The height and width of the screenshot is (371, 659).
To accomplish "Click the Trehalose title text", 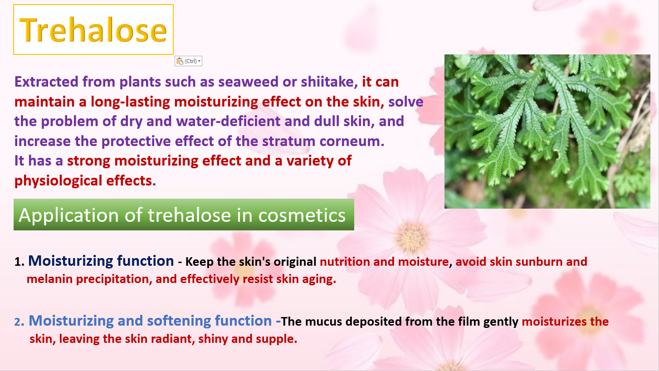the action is point(93,30).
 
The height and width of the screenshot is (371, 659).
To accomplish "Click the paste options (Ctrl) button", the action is point(188,61).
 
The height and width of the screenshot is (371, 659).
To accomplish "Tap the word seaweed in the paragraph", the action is point(248,82).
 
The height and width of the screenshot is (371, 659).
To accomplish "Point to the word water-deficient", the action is point(228,121).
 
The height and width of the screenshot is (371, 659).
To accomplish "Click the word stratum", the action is point(288,141).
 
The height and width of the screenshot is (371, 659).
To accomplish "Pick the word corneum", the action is point(352,142).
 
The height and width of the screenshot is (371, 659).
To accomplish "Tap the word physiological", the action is point(58,181).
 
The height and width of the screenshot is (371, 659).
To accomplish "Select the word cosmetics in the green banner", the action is point(302,215).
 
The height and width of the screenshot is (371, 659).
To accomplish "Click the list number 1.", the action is point(20,262).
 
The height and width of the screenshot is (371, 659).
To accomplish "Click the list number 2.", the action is point(20,322).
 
